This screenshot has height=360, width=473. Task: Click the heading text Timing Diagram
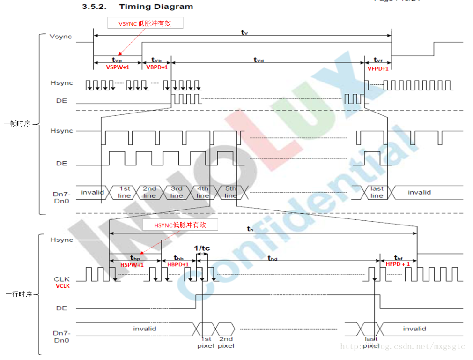click(x=155, y=7)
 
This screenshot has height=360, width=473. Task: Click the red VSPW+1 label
click(x=118, y=67)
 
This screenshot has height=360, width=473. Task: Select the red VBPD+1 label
click(x=157, y=67)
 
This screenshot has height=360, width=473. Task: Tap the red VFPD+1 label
click(x=378, y=68)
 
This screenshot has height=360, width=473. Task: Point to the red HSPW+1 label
click(x=132, y=265)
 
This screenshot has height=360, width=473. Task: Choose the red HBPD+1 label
click(x=178, y=265)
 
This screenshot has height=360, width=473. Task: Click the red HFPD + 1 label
click(x=398, y=264)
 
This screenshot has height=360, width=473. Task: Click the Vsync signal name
click(x=60, y=37)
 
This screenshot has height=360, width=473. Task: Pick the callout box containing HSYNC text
click(x=180, y=225)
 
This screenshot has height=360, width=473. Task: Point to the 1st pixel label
click(x=206, y=342)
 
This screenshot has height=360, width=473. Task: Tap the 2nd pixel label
click(x=226, y=342)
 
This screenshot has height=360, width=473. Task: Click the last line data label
click(x=377, y=192)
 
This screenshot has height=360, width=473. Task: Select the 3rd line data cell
click(x=176, y=192)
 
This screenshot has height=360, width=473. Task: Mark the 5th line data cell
click(x=230, y=192)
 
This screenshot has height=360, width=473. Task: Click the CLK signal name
click(x=62, y=279)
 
